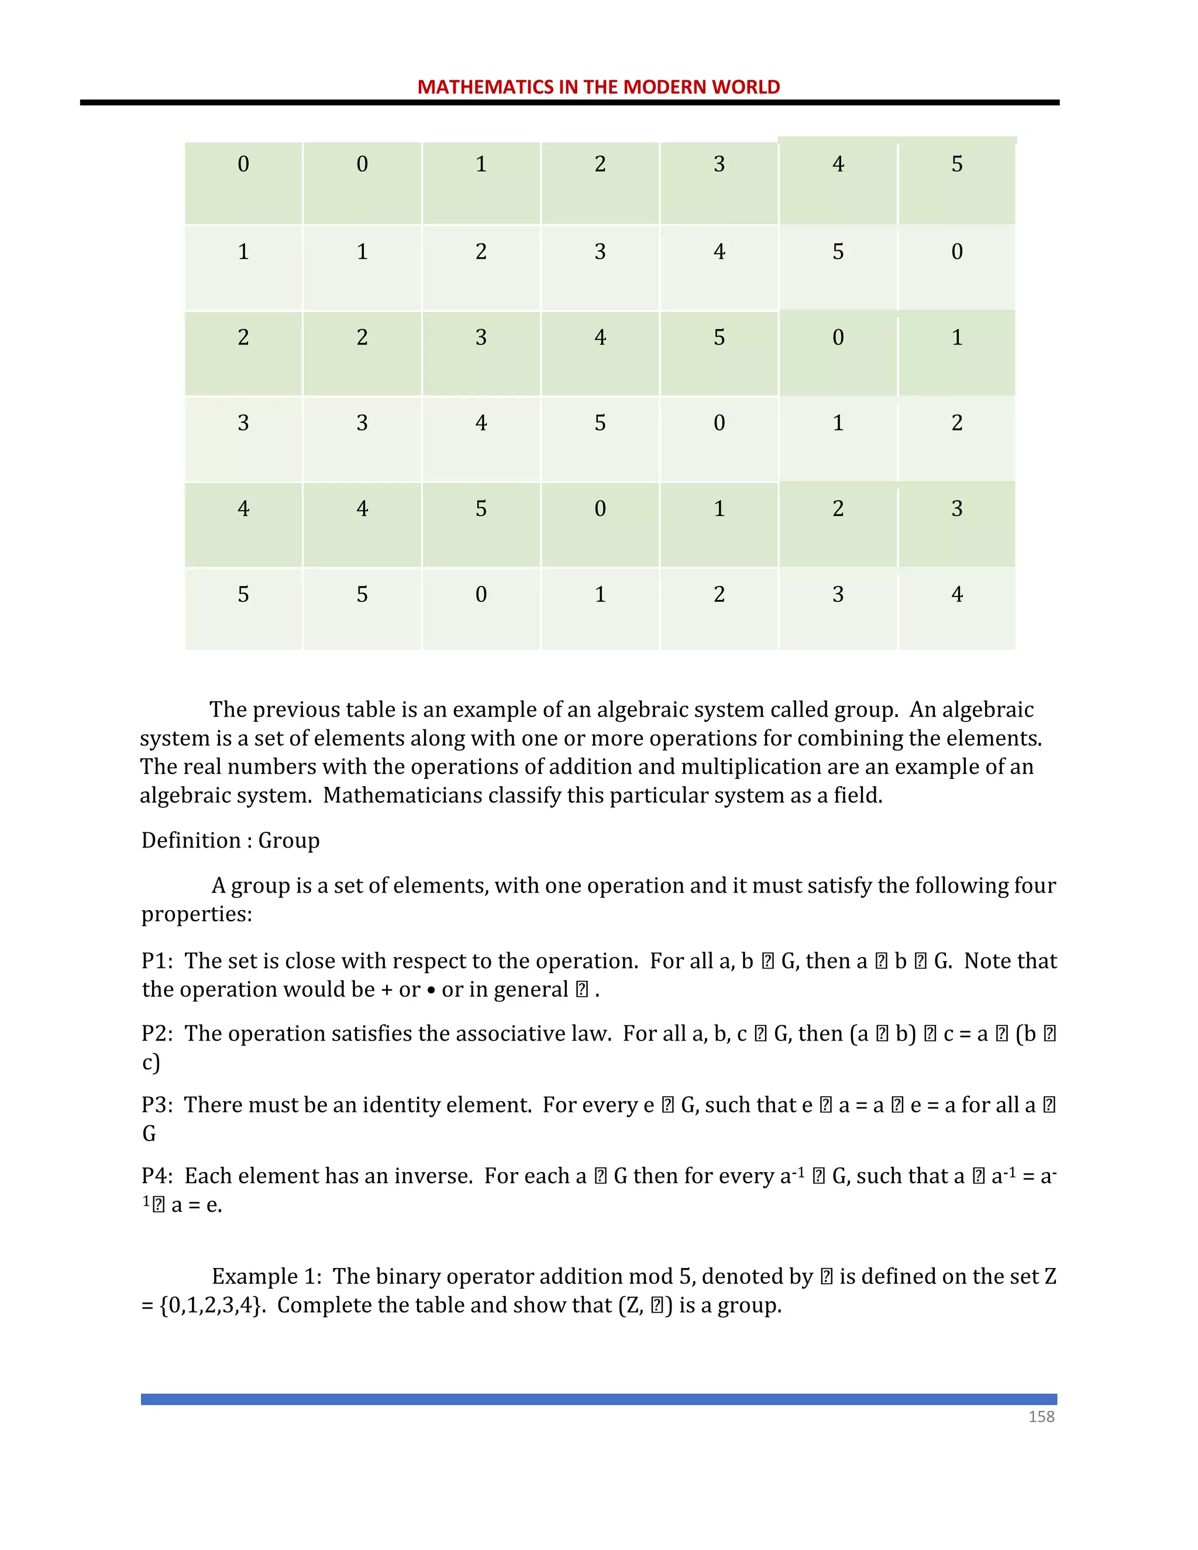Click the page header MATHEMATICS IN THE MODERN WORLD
coord(598,87)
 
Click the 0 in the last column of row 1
coord(956,252)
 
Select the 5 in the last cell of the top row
coord(956,164)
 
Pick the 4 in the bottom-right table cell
coord(956,594)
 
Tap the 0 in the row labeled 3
coord(719,423)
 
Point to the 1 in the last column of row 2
coord(956,337)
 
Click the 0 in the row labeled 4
coord(600,509)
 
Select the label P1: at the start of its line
coord(157,961)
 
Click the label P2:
coord(157,1034)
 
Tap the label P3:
coord(157,1105)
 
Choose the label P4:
coord(157,1176)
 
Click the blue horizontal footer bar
coord(598,1399)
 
